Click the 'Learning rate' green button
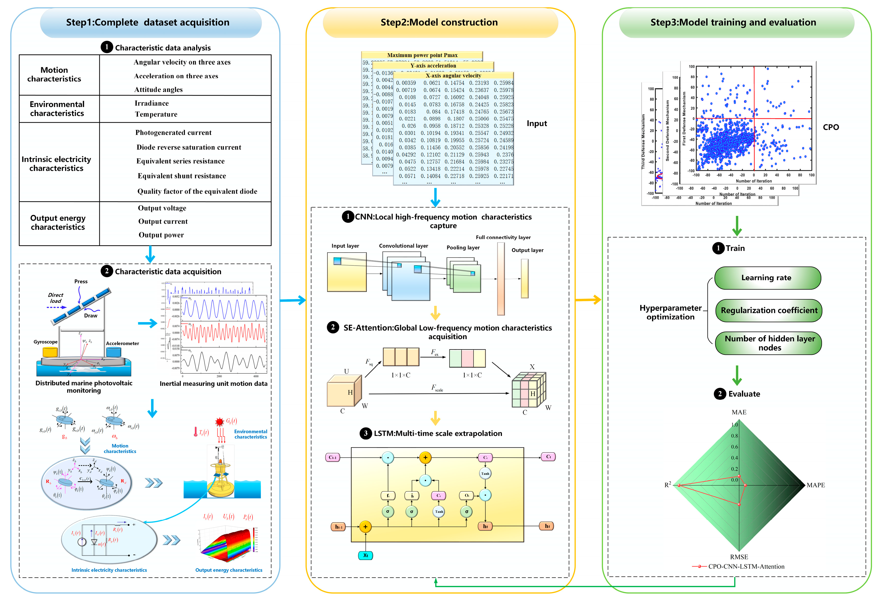(x=767, y=278)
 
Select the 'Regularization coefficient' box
(x=768, y=310)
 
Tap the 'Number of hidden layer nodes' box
(x=768, y=343)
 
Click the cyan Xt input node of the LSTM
(x=365, y=555)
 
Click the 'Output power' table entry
(x=161, y=235)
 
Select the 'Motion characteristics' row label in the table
(x=54, y=74)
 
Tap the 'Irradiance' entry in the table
(x=152, y=103)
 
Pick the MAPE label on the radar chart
(x=815, y=485)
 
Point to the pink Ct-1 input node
(x=333, y=457)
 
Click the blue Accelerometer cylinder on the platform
(x=113, y=351)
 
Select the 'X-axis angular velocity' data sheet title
(x=453, y=75)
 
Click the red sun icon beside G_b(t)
(x=219, y=421)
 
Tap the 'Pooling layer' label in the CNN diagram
(x=463, y=247)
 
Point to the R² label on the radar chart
(x=668, y=485)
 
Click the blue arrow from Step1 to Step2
(x=293, y=300)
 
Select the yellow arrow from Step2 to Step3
(x=588, y=300)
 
